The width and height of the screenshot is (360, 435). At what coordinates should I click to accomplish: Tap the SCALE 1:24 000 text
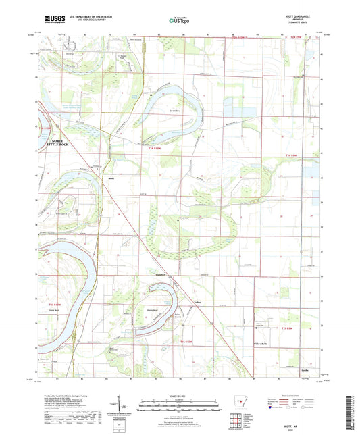[x=180, y=396]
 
